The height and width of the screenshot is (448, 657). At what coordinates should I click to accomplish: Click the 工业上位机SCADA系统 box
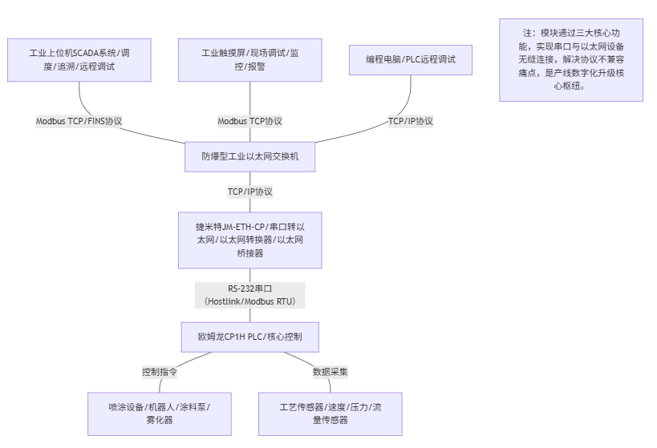point(79,60)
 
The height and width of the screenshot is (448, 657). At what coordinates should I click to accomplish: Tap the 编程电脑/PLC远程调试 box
point(411,60)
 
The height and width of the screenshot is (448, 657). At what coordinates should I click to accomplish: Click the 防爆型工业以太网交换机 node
point(249,156)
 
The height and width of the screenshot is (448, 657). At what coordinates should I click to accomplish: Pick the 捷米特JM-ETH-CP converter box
point(249,240)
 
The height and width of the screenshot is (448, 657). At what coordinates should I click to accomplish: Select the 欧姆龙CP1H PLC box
point(249,337)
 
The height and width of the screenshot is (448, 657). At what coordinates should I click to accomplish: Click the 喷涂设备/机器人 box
point(159,414)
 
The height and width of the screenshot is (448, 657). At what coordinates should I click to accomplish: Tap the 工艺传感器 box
point(330,414)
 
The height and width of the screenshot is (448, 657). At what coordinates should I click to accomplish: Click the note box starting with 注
point(570,60)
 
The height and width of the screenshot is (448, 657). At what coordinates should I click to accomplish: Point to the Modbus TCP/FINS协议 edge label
point(79,121)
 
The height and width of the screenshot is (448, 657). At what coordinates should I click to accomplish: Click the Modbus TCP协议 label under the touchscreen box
point(249,121)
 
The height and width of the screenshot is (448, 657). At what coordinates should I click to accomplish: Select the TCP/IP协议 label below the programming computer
point(411,121)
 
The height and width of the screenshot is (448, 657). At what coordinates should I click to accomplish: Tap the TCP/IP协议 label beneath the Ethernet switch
point(249,192)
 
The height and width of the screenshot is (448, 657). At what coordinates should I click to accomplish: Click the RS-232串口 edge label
point(249,289)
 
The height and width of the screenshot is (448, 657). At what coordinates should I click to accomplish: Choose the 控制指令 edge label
point(159,372)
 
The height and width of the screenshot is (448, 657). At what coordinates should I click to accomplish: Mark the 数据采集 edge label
point(330,372)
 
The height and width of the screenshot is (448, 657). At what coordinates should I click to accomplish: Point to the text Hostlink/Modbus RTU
point(249,301)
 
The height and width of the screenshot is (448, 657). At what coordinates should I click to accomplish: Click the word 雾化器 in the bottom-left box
point(159,420)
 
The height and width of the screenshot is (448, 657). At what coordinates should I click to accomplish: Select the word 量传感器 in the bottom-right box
point(330,420)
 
